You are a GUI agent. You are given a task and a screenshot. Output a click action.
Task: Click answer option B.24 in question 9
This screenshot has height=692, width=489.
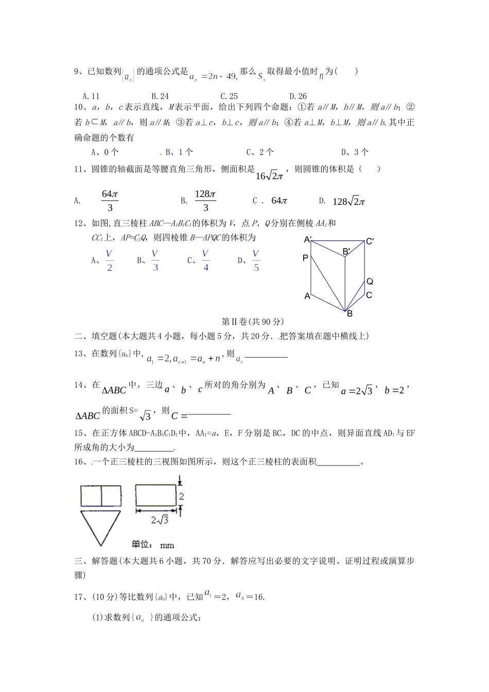pyautogui.click(x=160, y=96)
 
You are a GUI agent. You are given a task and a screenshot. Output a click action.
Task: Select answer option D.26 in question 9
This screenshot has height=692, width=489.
pyautogui.click(x=298, y=96)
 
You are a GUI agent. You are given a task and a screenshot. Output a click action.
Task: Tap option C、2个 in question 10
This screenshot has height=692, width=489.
pyautogui.click(x=260, y=152)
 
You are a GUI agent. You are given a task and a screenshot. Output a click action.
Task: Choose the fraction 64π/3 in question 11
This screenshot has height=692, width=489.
pyautogui.click(x=110, y=201)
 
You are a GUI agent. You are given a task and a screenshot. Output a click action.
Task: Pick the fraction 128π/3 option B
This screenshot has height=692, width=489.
pyautogui.click(x=205, y=201)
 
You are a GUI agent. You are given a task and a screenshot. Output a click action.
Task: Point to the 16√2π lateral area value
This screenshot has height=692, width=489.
pyautogui.click(x=269, y=176)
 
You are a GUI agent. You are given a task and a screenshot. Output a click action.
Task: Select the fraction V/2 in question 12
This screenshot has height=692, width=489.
pyautogui.click(x=109, y=261)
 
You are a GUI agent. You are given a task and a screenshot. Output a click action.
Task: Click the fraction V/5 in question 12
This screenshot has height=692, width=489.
pyautogui.click(x=256, y=261)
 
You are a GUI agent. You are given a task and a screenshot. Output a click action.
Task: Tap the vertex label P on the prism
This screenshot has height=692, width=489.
pyautogui.click(x=305, y=258)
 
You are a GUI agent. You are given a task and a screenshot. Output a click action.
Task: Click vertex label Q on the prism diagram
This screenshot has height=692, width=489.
pyautogui.click(x=370, y=282)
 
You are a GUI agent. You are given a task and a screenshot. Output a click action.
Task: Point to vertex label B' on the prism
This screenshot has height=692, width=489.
pyautogui.click(x=347, y=251)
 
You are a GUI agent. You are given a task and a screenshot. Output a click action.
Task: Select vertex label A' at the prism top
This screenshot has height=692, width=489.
pyautogui.click(x=308, y=239)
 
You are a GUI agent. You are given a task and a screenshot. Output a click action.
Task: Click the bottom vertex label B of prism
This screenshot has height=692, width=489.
pyautogui.click(x=350, y=314)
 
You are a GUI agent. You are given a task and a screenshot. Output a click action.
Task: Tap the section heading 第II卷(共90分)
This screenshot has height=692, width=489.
pyautogui.click(x=252, y=321)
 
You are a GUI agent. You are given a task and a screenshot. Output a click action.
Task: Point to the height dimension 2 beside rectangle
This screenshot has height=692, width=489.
pyautogui.click(x=182, y=496)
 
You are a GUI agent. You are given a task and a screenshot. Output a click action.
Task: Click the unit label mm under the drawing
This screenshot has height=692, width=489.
pyautogui.click(x=167, y=545)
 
